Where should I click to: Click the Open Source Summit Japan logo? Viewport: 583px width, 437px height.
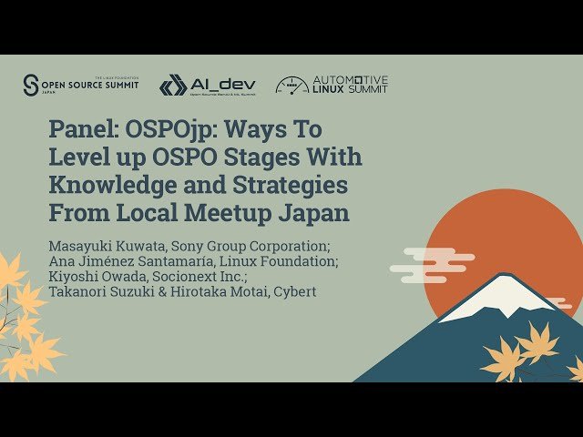point(81,86)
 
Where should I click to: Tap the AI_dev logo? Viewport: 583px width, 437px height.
point(207,86)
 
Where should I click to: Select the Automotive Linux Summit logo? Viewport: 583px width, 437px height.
point(332,85)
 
